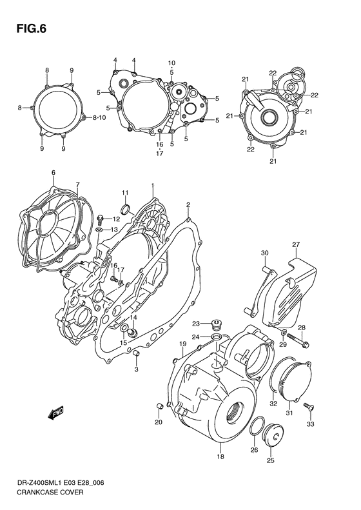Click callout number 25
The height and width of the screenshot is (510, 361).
pyautogui.click(x=270, y=460)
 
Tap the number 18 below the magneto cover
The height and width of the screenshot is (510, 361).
pyautogui.click(x=220, y=456)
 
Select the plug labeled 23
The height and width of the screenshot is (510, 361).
pyautogui.click(x=216, y=324)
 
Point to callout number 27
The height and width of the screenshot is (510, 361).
pyautogui.click(x=296, y=244)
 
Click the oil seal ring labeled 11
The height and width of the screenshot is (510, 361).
pyautogui.click(x=125, y=208)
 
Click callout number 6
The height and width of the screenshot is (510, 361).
pyautogui.click(x=54, y=172)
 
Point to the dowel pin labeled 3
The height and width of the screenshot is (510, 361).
pyautogui.click(x=137, y=354)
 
